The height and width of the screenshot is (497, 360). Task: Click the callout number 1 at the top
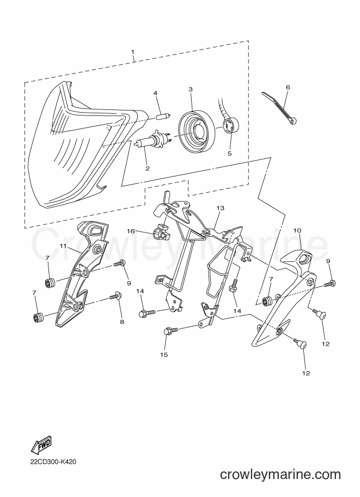coord(133,52)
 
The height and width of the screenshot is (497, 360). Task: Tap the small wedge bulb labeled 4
coord(164,115)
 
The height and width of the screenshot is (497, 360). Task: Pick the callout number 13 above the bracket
coord(221,208)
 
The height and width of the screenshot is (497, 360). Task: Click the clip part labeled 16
coord(160,232)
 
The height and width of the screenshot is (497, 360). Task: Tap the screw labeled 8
coord(115,296)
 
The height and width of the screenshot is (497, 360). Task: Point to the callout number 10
coord(297,230)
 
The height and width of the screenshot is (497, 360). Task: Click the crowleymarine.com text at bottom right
coord(280,474)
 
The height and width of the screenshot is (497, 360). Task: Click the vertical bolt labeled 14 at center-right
coord(233,286)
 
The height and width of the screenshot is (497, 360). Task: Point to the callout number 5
coord(230,154)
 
